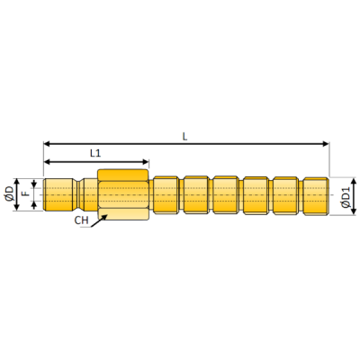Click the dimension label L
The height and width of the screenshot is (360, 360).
(x=184, y=136)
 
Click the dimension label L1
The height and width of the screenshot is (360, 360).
(x=96, y=154)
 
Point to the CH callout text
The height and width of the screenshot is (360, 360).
(x=82, y=219)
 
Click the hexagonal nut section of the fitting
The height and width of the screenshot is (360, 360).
(x=123, y=193)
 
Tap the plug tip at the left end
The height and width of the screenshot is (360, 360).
(x=59, y=193)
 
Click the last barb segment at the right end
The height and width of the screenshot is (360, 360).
(x=315, y=193)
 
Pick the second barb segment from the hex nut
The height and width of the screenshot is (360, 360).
(x=196, y=193)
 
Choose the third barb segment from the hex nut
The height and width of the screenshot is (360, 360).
(x=226, y=193)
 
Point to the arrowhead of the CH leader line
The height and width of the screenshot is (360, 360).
(x=100, y=214)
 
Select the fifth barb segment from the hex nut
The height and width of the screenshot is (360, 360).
(x=285, y=193)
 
